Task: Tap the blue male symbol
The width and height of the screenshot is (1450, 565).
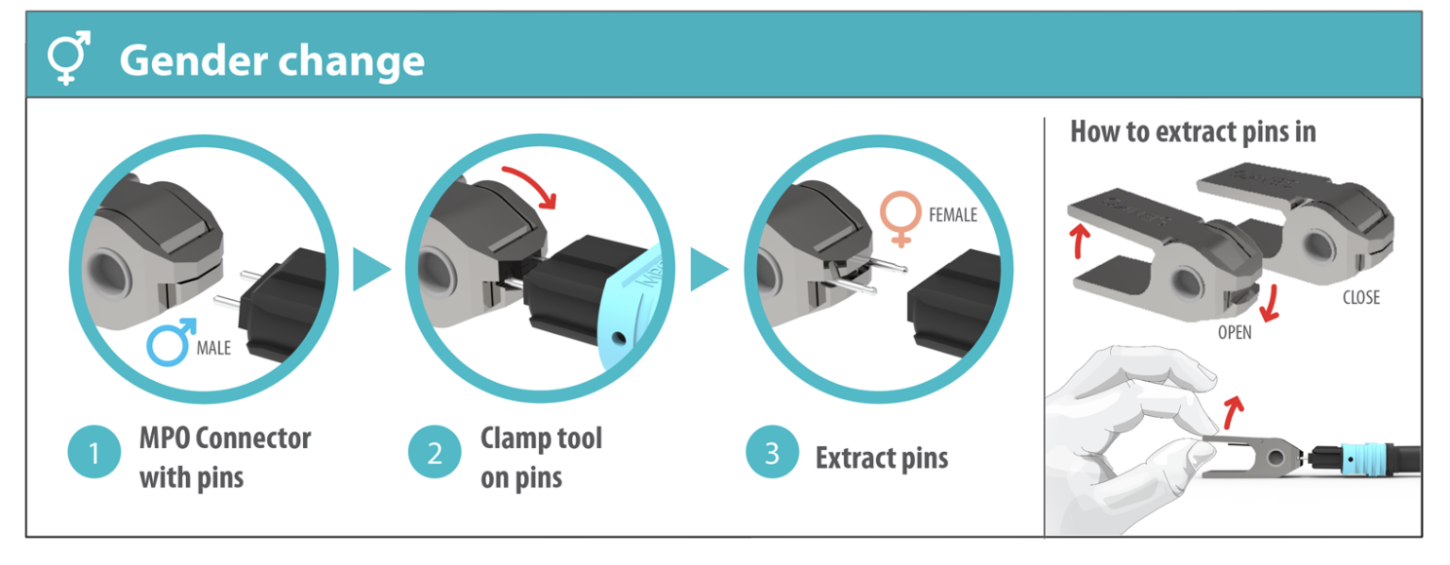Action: [x=171, y=342]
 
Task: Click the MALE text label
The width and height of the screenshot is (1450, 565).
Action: [x=213, y=349]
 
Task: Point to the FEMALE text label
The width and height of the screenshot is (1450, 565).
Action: [x=953, y=216]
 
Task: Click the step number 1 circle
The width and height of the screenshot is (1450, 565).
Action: [x=93, y=455]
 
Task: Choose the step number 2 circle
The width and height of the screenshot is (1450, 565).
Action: [x=434, y=454]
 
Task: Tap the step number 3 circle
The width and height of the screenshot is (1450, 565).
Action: [x=771, y=454]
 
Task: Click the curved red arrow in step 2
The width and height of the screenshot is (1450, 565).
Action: [x=531, y=185]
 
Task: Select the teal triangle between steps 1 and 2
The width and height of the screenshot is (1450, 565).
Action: [x=370, y=271]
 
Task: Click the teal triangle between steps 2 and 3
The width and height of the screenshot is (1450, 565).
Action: [x=708, y=271]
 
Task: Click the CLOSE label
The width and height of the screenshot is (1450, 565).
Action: [x=1360, y=298]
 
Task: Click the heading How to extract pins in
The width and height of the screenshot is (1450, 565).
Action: [x=1192, y=132]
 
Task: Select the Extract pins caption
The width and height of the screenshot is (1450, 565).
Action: [x=881, y=458]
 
